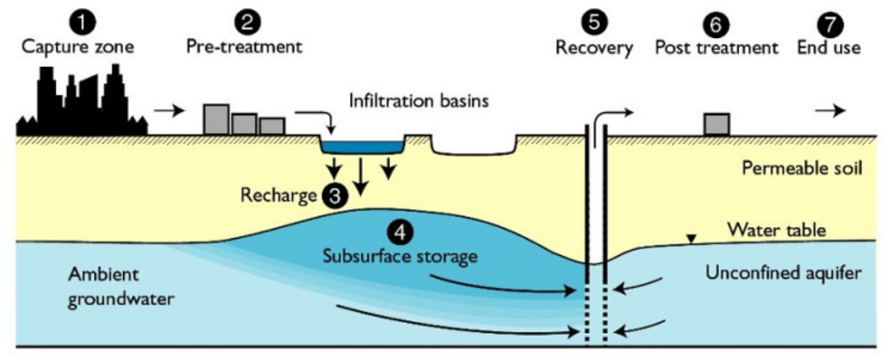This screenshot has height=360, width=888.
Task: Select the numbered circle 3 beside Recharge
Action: coord(330,195)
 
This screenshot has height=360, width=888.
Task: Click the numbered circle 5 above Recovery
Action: coord(593,22)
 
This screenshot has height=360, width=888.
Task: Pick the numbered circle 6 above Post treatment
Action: coord(716,23)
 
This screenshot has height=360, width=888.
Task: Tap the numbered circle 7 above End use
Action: coord(830,23)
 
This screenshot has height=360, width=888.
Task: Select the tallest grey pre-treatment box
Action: coord(216,120)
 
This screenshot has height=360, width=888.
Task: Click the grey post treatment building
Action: coord(717,125)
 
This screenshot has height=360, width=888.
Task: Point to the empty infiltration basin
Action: coord(475,148)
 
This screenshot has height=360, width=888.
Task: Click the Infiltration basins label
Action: coord(418,100)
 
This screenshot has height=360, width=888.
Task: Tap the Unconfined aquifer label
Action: coord(784,273)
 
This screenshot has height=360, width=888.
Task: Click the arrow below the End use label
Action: coord(830,111)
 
